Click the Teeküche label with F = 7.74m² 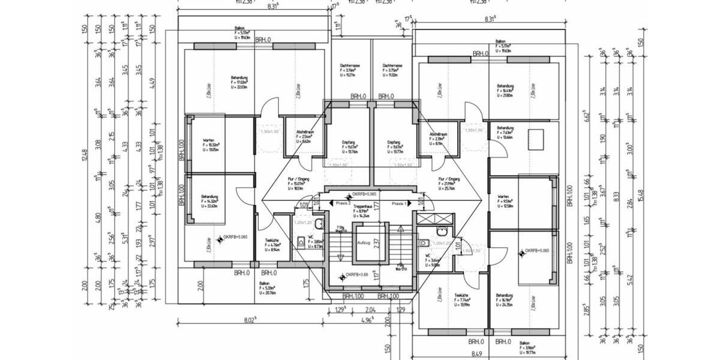coord(461,295)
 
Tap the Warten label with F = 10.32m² coord(209,140)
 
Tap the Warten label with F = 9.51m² coord(503,196)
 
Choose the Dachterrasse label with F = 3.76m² coord(350,65)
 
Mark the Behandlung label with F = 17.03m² coord(239,78)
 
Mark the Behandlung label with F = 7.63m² coord(505,128)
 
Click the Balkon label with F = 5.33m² coord(264,283)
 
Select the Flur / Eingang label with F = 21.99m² coord(449,179)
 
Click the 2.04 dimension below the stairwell coord(370,310)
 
